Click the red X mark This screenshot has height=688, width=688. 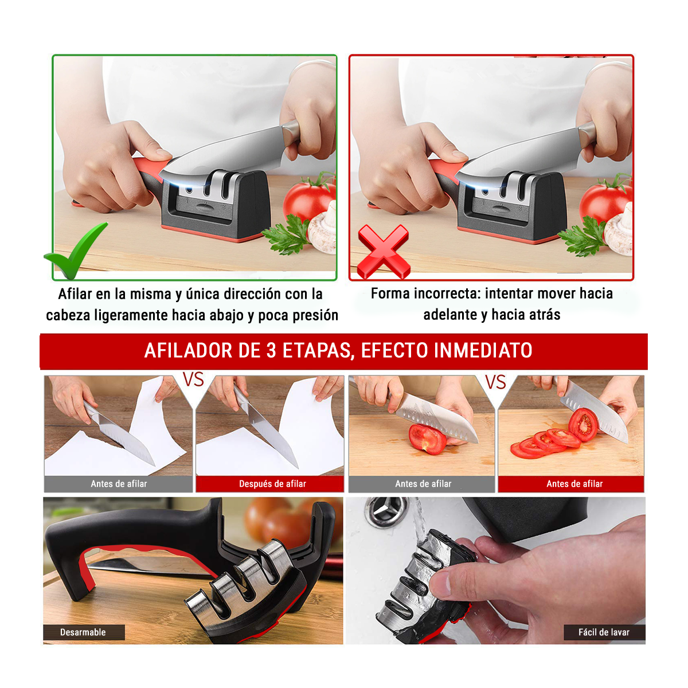tap(384, 251)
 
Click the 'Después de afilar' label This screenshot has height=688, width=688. tap(272, 484)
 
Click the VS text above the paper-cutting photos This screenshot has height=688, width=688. tap(193, 379)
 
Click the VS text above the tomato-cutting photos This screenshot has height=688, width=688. tap(495, 382)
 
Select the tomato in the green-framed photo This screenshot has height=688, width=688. tap(307, 200)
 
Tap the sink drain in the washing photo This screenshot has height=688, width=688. tap(386, 511)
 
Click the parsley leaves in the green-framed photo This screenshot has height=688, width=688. tap(287, 234)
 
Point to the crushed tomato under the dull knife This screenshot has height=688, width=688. tap(427, 439)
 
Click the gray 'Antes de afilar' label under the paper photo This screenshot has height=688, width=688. tap(119, 484)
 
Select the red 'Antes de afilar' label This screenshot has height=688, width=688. tap(574, 484)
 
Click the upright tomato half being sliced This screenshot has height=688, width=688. tap(583, 425)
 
